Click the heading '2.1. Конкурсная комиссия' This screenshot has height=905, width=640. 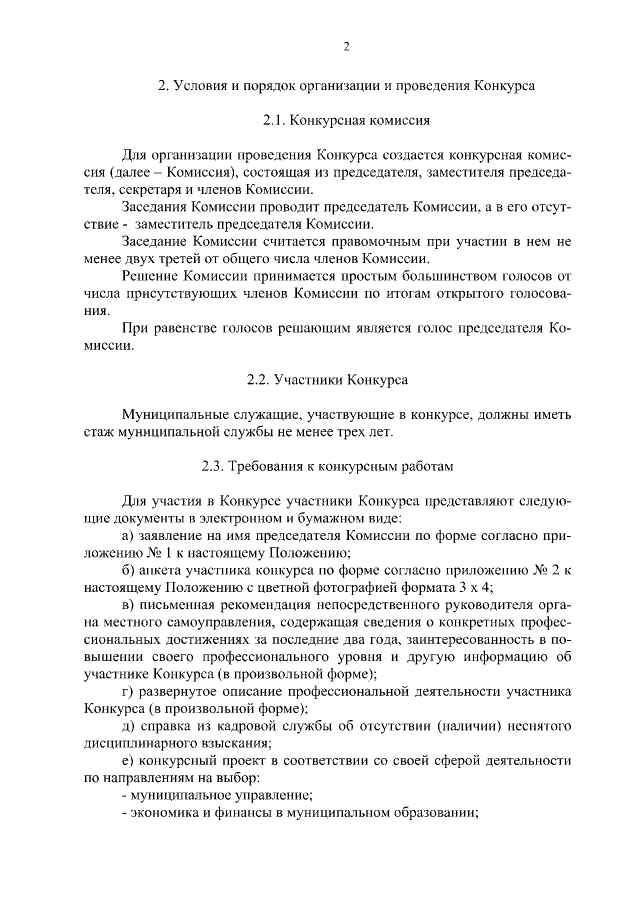click(346, 120)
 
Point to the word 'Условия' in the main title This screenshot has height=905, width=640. click(204, 86)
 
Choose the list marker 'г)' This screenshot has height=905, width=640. click(126, 691)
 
